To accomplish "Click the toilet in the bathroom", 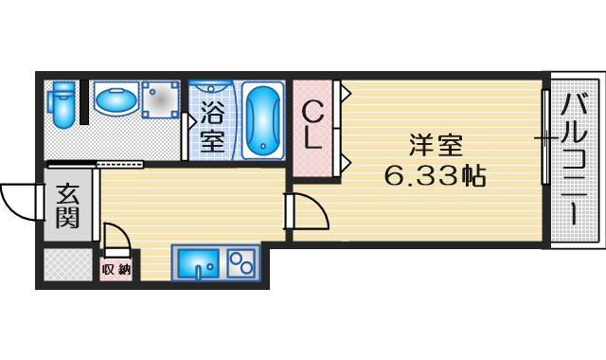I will [x=62, y=103].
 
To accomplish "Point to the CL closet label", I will [x=313, y=125].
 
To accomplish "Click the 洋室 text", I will [x=436, y=147].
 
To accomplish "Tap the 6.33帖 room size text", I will [x=435, y=175].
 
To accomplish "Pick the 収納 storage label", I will [x=116, y=269].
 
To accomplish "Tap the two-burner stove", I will [x=241, y=261].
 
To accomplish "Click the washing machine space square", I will [x=161, y=99].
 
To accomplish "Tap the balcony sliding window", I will [x=544, y=138].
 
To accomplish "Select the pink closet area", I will [x=313, y=125].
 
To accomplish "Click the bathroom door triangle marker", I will [x=189, y=120].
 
